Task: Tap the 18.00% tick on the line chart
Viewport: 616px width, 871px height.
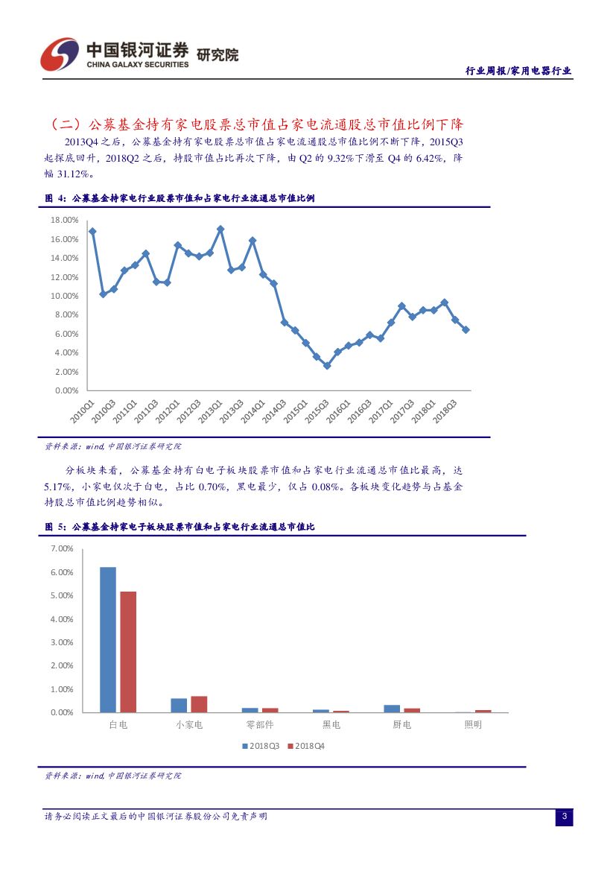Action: [63, 221]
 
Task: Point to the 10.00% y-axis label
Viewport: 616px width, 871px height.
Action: [63, 297]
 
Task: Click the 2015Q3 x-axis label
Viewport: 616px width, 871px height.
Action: [319, 411]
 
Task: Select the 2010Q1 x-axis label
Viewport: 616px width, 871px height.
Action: [82, 411]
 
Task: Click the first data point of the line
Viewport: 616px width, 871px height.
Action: [92, 231]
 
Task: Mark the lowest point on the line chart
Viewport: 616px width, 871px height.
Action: [327, 366]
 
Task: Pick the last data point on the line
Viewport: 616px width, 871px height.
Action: [466, 329]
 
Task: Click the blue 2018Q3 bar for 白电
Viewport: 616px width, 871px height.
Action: [108, 639]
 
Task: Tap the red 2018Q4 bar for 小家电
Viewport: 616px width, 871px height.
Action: [199, 704]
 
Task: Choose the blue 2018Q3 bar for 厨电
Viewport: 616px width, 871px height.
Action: [392, 709]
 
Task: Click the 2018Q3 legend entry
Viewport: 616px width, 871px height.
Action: [260, 746]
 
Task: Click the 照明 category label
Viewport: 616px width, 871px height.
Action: [472, 725]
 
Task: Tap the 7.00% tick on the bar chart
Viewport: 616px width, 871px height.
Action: [62, 549]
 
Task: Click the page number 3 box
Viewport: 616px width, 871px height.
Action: [564, 817]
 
